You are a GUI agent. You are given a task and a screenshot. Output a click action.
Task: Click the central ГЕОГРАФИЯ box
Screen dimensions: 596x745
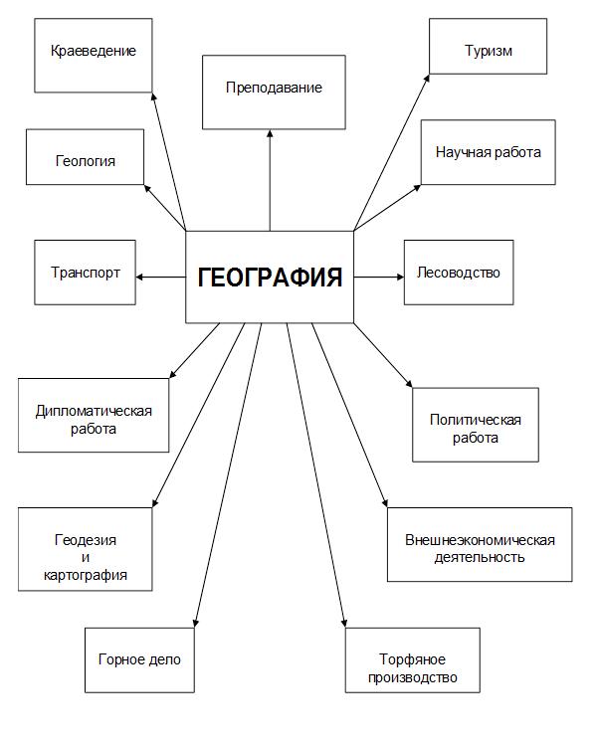(x=270, y=277)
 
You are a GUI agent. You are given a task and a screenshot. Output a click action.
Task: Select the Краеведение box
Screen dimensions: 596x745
(x=94, y=56)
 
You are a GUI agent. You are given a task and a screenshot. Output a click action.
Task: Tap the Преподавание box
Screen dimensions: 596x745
(x=274, y=93)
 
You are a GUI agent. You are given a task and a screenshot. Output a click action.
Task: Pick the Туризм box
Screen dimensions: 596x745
(x=489, y=46)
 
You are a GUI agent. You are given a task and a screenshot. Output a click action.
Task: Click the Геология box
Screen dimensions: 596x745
(x=86, y=157)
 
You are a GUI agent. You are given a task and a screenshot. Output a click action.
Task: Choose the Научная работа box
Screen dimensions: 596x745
(x=489, y=152)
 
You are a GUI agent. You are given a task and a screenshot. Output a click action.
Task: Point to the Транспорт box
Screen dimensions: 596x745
(x=86, y=273)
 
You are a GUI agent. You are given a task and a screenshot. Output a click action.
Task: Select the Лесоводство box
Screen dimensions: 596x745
(x=459, y=273)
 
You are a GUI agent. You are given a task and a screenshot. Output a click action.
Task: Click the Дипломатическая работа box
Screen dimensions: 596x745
(x=94, y=415)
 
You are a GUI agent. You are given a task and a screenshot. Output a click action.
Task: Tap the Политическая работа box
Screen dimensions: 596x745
(x=476, y=425)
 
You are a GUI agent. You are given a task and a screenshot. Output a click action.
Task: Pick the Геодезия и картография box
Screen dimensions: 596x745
(x=86, y=549)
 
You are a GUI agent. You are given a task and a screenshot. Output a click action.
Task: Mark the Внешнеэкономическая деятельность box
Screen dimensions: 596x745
(x=480, y=544)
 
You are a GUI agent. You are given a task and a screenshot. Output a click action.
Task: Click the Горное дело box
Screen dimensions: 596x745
(x=139, y=659)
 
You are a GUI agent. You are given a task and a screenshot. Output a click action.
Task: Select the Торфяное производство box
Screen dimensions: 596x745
(x=413, y=659)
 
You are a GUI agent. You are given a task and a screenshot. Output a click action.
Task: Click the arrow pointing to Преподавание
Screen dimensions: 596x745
(x=270, y=180)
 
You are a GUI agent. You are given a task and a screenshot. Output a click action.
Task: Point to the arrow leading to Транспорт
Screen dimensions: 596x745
(x=160, y=277)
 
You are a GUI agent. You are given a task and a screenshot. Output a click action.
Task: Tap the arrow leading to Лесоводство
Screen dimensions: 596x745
(x=379, y=277)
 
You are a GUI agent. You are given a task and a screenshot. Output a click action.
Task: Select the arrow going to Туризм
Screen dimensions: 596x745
(x=392, y=152)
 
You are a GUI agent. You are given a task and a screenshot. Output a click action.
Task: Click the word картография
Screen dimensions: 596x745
(x=86, y=575)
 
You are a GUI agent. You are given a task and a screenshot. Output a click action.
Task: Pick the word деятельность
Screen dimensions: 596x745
(x=480, y=557)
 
